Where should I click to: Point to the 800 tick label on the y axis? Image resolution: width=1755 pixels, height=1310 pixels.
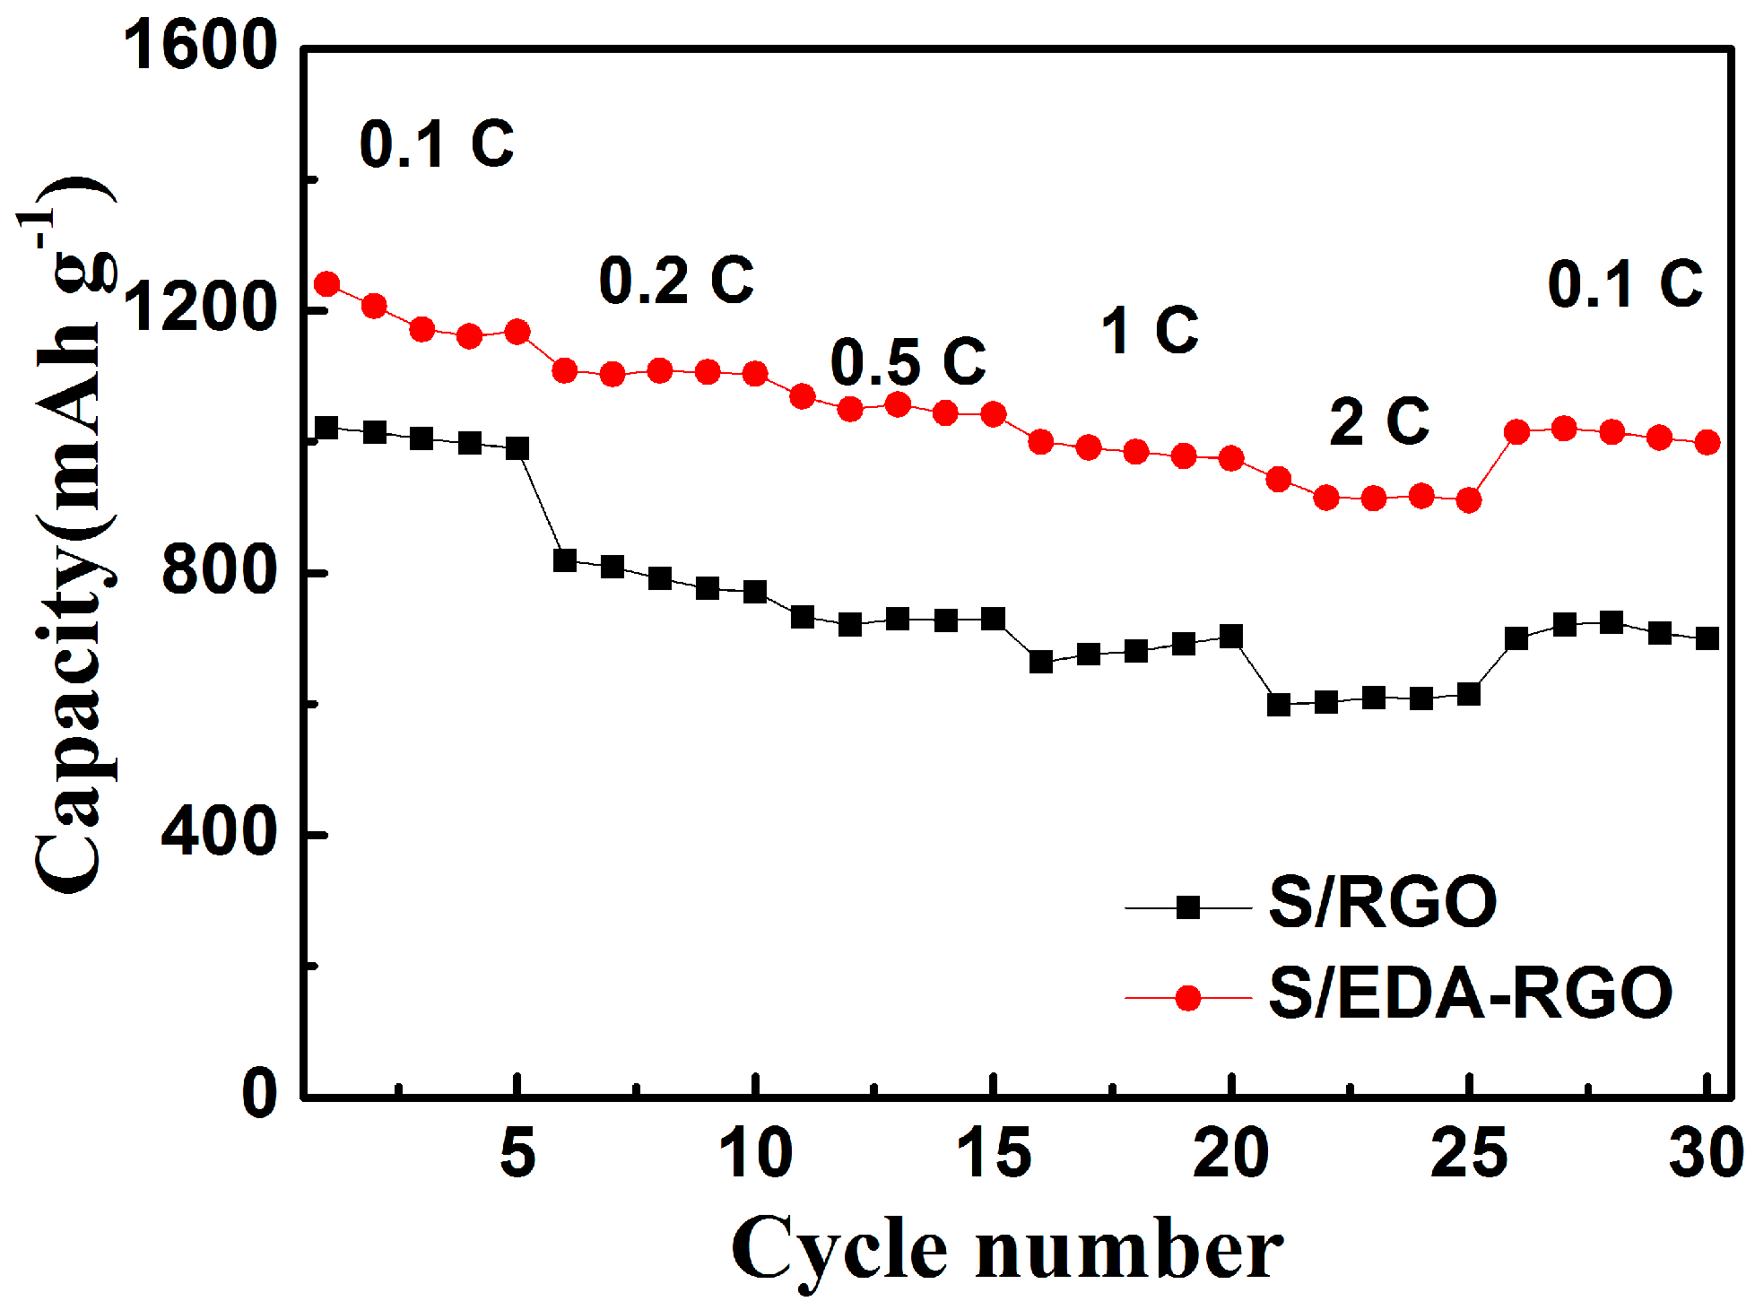pos(220,570)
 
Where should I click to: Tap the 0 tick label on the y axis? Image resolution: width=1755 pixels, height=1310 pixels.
pos(260,1094)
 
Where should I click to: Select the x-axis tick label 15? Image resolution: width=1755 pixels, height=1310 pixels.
pos(994,1154)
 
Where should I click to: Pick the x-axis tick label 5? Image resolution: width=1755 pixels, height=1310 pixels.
pos(517,1154)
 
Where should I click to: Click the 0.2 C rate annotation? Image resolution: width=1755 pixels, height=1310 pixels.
pos(676,280)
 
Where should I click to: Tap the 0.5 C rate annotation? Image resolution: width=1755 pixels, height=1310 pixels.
pos(908,362)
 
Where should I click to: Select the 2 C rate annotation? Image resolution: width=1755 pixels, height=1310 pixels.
pos(1379,421)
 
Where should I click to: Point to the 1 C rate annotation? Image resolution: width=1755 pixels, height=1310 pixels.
pos(1150,331)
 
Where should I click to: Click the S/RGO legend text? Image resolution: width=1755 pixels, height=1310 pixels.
pos(1382,903)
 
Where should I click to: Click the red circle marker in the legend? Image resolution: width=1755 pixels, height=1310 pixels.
pos(1188,998)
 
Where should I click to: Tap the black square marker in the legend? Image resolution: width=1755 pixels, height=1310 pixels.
pos(1188,907)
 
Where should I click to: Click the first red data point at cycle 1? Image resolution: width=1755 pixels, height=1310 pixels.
pos(327,284)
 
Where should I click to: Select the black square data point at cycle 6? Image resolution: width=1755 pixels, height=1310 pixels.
pos(565,560)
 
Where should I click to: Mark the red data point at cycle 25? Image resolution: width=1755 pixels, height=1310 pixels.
pos(1469,500)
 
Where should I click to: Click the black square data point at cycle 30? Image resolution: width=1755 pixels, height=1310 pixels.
pos(1707,638)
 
